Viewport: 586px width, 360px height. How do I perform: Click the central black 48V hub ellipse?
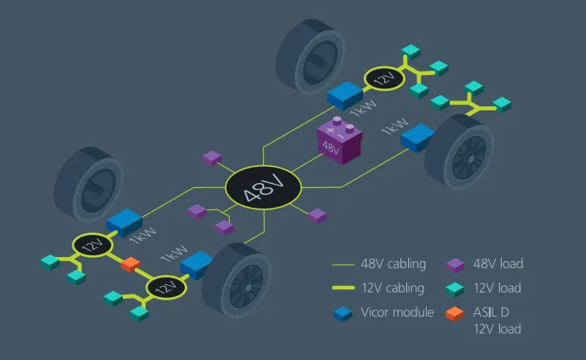263,187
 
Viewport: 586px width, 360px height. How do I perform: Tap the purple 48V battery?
339,140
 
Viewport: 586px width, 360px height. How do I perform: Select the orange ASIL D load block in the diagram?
130,264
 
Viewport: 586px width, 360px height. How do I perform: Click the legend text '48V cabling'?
394,264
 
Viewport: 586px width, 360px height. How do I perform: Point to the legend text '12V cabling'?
393,288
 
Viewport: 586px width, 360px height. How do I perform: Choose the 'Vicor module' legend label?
397,311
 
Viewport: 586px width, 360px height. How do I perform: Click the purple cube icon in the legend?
455,266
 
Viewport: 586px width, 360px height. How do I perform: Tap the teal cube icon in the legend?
455,289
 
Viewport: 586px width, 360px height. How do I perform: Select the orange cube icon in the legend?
455,314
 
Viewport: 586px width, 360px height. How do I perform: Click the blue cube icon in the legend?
343,314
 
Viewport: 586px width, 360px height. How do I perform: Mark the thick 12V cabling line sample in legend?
343,288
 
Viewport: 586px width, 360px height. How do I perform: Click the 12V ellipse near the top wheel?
385,79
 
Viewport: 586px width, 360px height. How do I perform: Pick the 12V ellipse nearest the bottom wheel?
166,288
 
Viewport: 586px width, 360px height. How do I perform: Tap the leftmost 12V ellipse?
93,245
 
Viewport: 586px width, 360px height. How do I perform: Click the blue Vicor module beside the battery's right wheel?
417,138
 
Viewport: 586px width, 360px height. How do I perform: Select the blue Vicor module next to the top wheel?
345,95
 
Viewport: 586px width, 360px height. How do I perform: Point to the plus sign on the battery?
330,130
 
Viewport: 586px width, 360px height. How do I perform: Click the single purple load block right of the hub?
318,216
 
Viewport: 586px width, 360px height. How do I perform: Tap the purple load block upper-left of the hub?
212,158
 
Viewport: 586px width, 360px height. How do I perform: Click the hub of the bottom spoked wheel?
248,287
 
